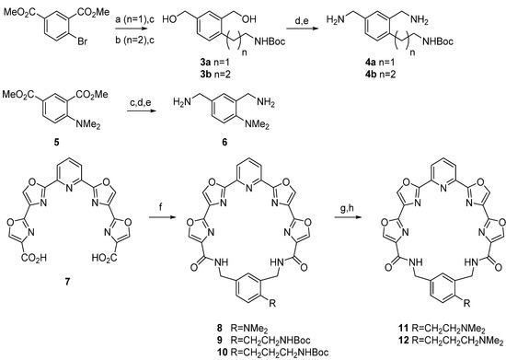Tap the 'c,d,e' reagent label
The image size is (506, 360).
point(143,99)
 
